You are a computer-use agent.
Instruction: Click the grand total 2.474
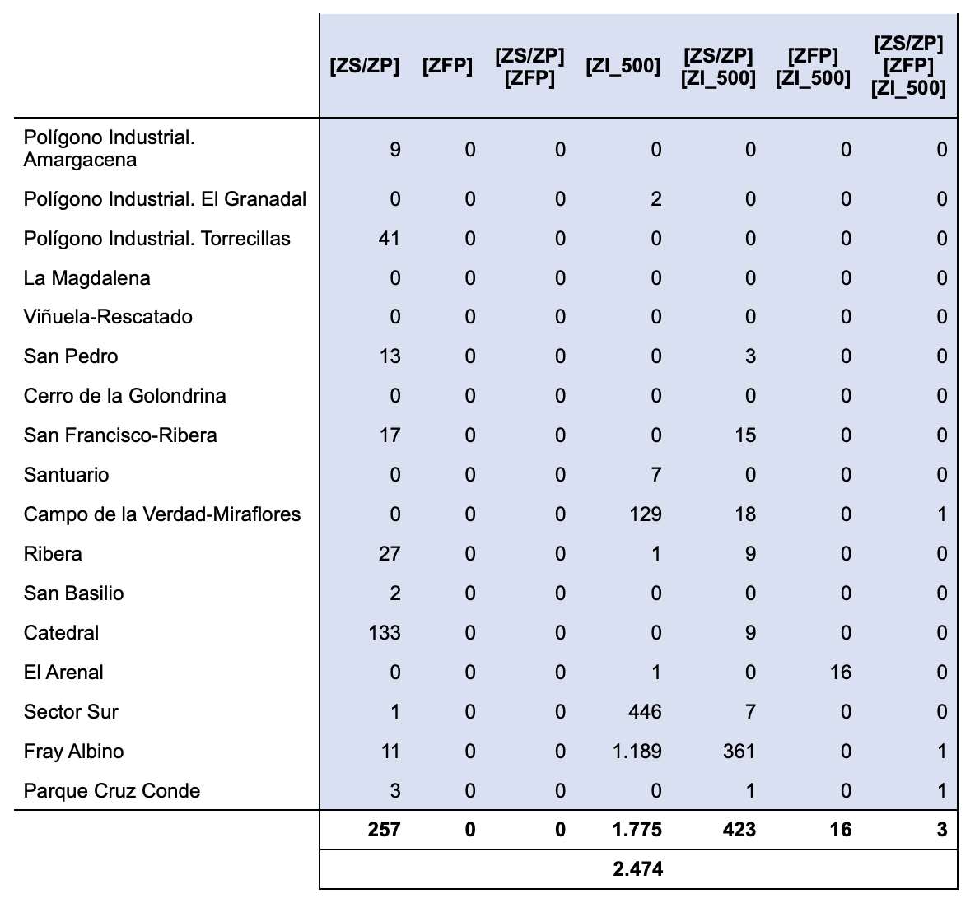tap(637, 868)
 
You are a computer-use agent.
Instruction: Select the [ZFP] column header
tap(447, 67)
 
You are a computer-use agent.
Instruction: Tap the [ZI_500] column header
tap(623, 67)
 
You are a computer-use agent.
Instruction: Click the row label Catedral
tap(61, 633)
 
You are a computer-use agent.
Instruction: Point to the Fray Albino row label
tap(73, 752)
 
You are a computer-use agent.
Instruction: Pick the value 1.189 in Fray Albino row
tap(637, 752)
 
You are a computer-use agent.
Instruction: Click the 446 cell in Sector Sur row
tap(644, 712)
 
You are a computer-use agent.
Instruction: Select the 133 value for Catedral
tap(385, 633)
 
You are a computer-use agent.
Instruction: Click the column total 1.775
tap(637, 830)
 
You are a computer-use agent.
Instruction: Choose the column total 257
tap(384, 830)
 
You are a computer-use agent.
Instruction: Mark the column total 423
tap(739, 830)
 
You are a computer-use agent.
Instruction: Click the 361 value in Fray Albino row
tap(739, 752)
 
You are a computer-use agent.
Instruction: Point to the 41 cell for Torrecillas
tap(389, 239)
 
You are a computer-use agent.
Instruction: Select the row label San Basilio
tap(73, 593)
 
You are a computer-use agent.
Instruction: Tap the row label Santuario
tap(66, 475)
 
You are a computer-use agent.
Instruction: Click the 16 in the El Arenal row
tap(840, 673)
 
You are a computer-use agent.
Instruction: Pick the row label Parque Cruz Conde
tap(112, 791)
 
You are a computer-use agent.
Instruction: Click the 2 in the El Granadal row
tap(655, 199)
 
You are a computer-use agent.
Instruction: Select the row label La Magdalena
tap(86, 278)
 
